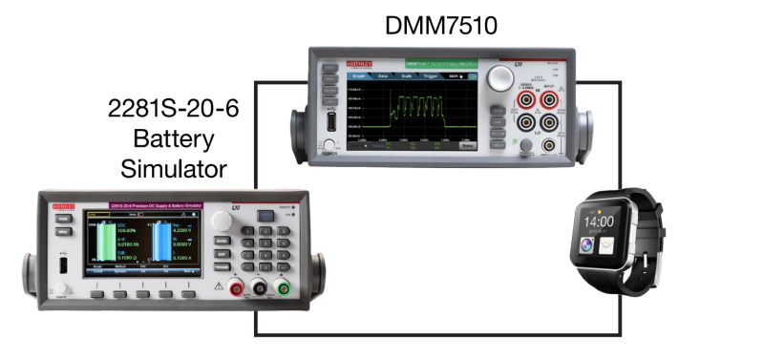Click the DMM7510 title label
(x=440, y=25)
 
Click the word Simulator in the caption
(x=173, y=169)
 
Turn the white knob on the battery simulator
(x=222, y=221)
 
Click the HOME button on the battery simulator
(x=63, y=220)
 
